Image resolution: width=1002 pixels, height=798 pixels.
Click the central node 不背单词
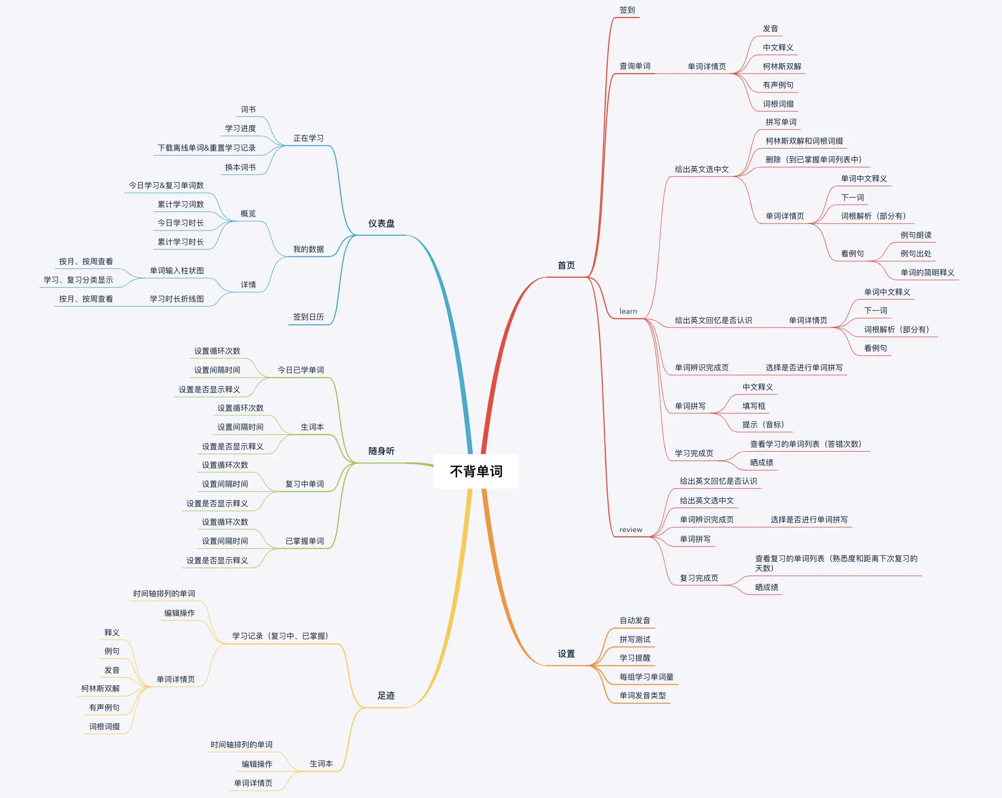(x=476, y=471)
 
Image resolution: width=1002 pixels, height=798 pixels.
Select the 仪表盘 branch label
(x=381, y=224)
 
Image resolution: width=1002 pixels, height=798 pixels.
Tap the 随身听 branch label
(x=381, y=451)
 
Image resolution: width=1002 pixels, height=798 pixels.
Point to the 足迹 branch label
(x=385, y=696)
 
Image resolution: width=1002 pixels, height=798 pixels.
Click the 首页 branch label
(x=566, y=266)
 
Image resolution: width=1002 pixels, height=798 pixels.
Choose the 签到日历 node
(x=308, y=317)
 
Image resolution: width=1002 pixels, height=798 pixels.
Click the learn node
(x=628, y=311)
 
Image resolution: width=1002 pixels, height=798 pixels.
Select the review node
(x=631, y=530)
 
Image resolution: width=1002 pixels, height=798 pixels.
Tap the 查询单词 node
(x=635, y=66)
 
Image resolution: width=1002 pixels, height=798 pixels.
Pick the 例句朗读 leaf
(x=916, y=235)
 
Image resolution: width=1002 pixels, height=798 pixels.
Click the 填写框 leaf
(x=753, y=406)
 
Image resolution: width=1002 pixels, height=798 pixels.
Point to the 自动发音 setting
(x=635, y=621)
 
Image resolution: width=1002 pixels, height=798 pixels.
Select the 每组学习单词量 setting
(x=646, y=677)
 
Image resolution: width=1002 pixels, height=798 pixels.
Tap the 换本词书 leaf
(x=240, y=168)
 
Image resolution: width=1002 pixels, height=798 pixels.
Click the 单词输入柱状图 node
(x=176, y=271)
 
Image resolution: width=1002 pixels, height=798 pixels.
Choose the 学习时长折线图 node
(x=176, y=299)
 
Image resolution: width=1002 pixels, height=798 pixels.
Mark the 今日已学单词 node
(x=300, y=370)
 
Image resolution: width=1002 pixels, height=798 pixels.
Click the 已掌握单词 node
(x=304, y=541)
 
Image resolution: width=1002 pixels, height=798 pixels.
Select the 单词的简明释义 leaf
(x=927, y=273)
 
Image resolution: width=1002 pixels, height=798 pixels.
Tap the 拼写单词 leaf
(x=781, y=122)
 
